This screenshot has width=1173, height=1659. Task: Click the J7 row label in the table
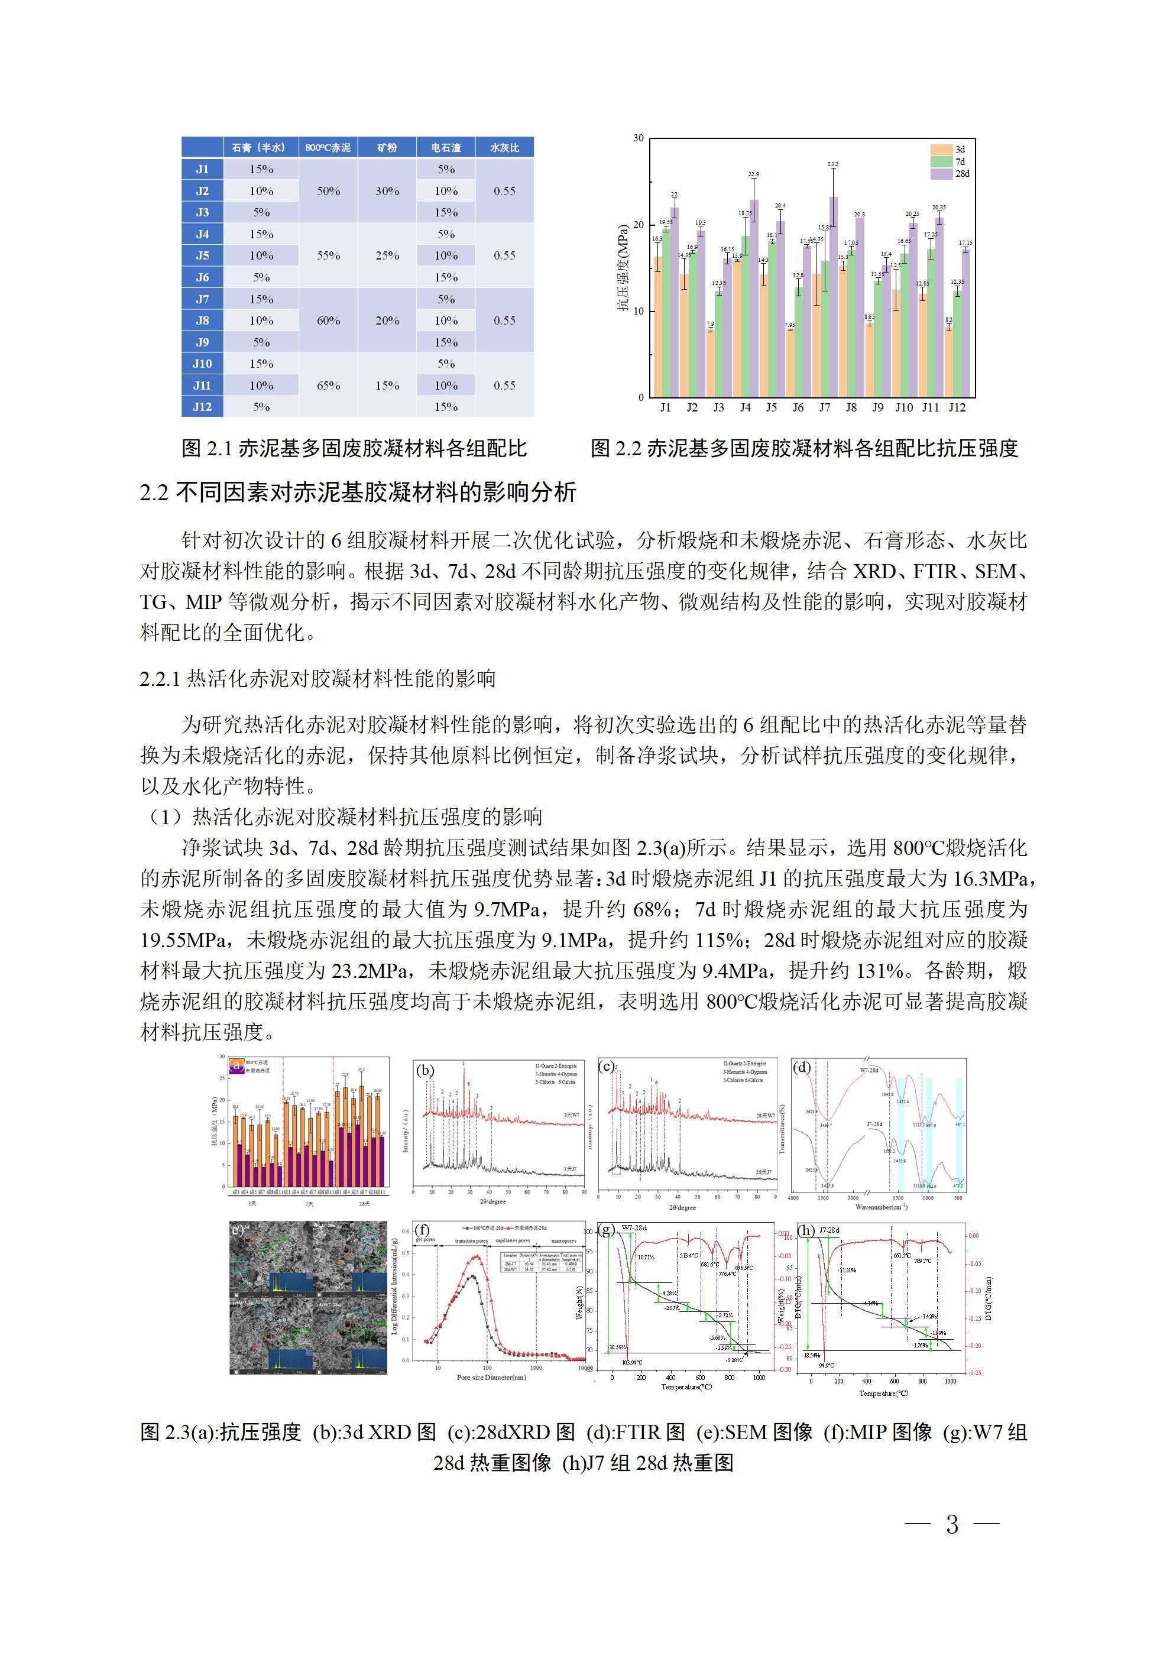click(202, 299)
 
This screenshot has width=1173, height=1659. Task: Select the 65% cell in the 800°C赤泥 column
click(328, 385)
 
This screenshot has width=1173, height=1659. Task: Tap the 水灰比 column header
click(504, 147)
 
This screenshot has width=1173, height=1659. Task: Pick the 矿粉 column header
click(387, 147)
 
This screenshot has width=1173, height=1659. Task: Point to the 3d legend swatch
click(942, 150)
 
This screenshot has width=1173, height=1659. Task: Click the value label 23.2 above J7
click(832, 165)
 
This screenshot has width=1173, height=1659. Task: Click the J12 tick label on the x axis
click(956, 407)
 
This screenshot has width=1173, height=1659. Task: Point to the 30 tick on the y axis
click(638, 138)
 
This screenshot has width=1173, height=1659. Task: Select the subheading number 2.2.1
click(160, 679)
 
